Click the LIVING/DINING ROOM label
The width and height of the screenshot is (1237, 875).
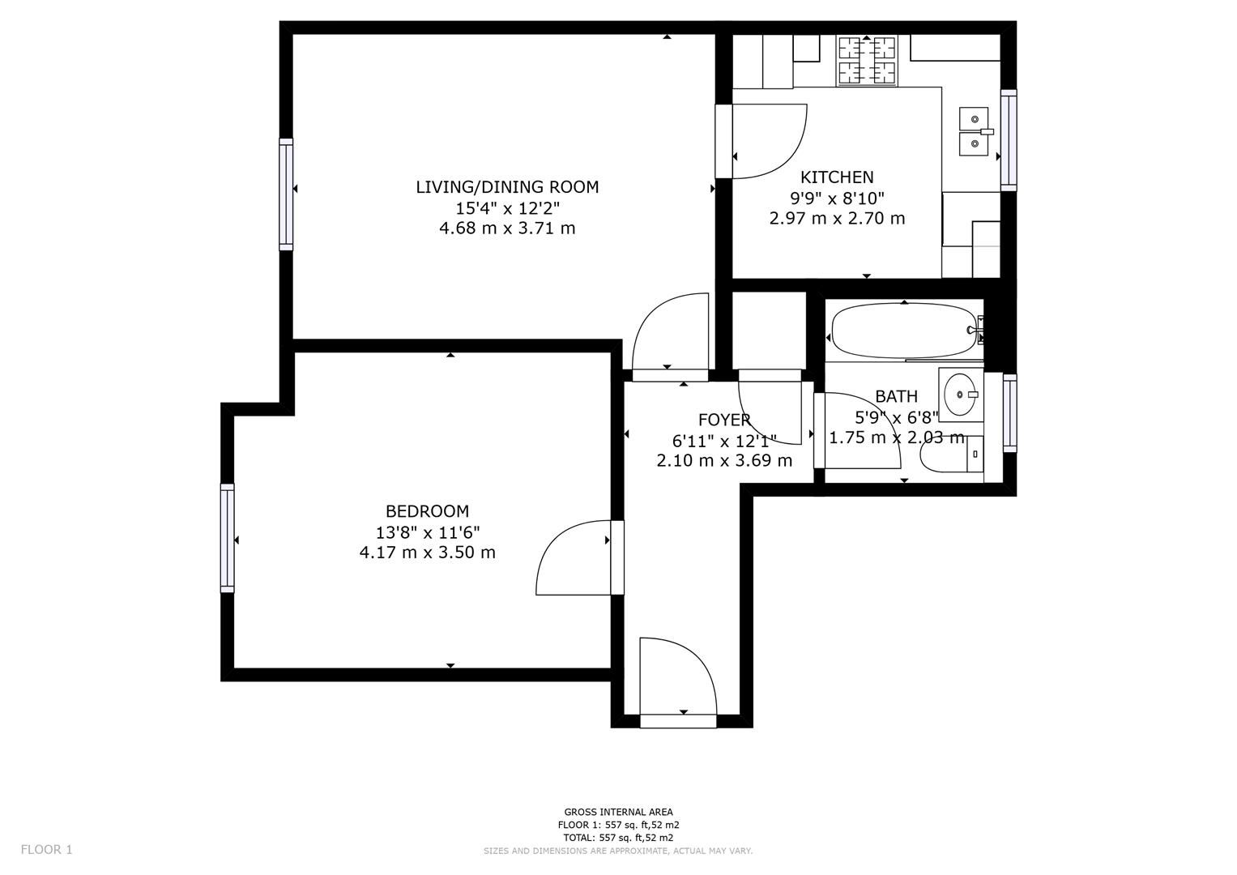507,187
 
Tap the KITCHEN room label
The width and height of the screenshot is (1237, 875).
837,177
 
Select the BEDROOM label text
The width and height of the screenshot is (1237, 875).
427,511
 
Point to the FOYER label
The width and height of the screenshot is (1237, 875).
724,420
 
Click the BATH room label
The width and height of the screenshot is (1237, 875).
896,396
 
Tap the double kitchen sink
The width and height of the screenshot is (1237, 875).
972,131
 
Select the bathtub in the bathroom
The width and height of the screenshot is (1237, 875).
903,331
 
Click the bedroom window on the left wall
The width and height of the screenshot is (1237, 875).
228,538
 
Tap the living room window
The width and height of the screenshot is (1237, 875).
286,194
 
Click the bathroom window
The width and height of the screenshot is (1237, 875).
1009,412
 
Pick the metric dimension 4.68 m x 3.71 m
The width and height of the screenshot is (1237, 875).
507,228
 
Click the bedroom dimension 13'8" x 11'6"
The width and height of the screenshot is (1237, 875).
427,532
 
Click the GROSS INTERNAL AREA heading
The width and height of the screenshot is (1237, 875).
618,812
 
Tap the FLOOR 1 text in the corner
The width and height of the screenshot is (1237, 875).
46,850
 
